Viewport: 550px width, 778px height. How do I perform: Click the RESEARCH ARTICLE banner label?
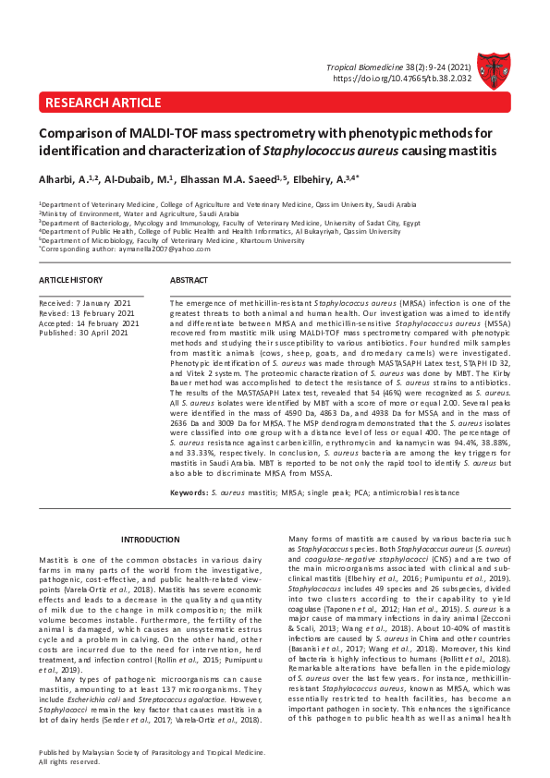click(90, 102)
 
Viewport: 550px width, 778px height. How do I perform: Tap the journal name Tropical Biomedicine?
click(366, 68)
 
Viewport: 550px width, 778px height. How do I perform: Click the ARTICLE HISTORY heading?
click(70, 279)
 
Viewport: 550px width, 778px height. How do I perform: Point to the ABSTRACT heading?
click(190, 279)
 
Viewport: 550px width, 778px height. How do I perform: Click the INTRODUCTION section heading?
click(151, 540)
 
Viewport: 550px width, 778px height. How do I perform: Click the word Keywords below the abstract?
click(188, 492)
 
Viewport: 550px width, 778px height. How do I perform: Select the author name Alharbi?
click(58, 180)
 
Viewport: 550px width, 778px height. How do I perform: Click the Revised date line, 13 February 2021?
click(88, 312)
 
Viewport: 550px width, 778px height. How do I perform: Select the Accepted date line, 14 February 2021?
click(89, 322)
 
